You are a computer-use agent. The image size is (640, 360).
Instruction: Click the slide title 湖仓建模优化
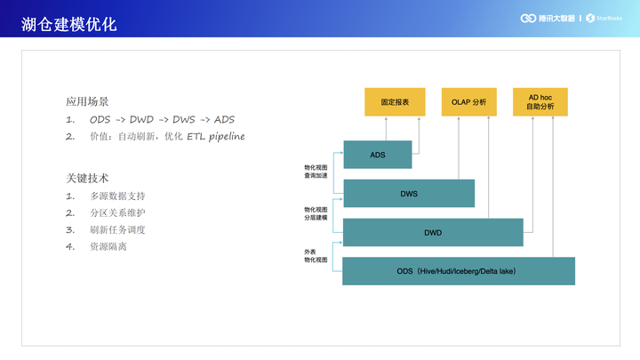tap(69, 24)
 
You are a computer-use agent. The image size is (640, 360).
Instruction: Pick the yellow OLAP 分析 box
tap(469, 102)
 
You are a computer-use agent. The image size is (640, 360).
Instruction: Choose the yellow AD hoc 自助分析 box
tap(540, 101)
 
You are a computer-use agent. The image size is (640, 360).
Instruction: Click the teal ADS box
tap(378, 155)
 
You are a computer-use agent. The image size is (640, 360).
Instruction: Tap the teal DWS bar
tap(409, 194)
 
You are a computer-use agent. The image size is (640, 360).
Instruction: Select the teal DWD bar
tap(433, 232)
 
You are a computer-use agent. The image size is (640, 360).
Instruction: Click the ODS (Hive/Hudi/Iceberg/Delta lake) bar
tap(458, 270)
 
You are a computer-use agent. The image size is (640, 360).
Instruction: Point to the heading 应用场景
tap(87, 101)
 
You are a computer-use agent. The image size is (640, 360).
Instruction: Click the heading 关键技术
tap(87, 178)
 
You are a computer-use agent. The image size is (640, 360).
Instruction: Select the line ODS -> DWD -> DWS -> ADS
tap(162, 119)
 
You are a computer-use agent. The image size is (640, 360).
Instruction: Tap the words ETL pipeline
tap(215, 136)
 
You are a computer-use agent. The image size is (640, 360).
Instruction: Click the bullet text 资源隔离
tap(108, 246)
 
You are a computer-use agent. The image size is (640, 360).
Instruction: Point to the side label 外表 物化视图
tap(316, 256)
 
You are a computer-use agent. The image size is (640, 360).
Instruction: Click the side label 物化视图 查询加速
tap(316, 171)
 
